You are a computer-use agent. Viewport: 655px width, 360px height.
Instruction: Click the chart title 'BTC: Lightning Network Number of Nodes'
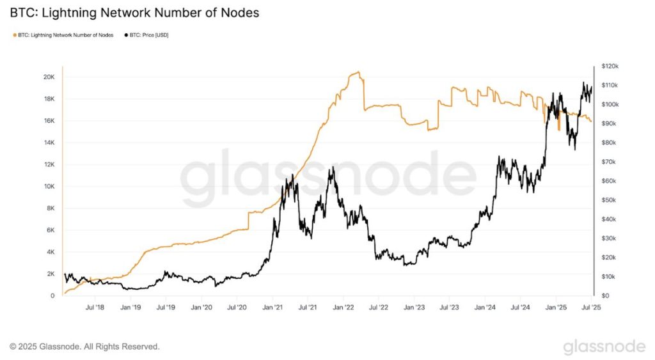pos(134,13)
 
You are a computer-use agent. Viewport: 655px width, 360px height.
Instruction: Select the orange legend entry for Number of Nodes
pos(65,35)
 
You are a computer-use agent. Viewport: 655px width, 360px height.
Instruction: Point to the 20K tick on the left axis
pos(49,77)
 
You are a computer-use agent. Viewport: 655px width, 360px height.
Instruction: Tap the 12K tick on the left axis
pos(49,164)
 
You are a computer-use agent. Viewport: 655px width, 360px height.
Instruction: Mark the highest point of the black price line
pos(583,82)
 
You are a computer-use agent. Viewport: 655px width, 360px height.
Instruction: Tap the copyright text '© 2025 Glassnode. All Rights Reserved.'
pos(84,347)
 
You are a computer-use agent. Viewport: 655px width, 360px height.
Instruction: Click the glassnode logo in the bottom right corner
pos(604,346)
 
